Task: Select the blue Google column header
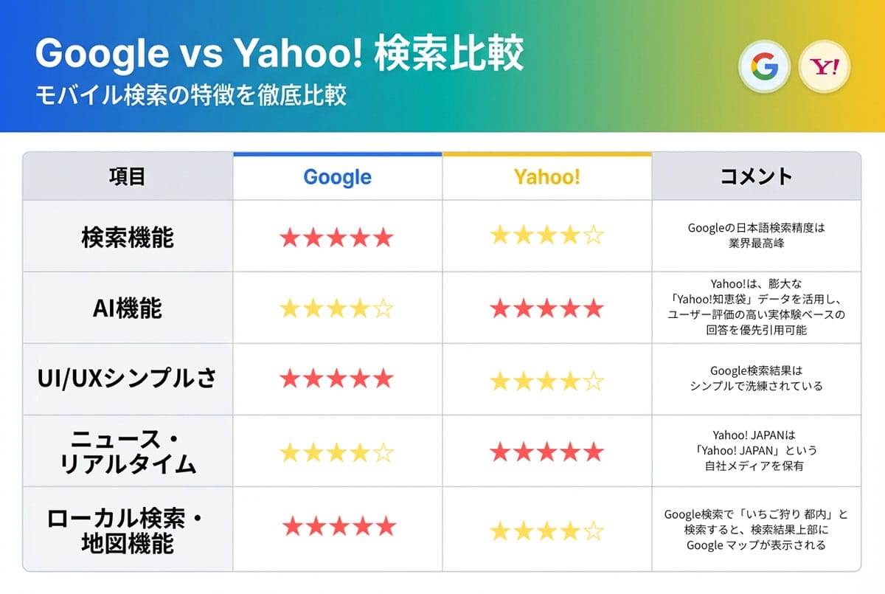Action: (337, 177)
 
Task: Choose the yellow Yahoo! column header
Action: (546, 177)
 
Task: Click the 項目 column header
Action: (127, 177)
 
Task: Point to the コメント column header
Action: (756, 177)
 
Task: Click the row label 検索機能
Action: (127, 238)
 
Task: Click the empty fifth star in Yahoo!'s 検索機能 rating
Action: (593, 237)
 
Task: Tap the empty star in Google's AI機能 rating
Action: (382, 309)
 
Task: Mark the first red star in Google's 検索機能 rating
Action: (290, 238)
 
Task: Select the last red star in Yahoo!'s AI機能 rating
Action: (593, 308)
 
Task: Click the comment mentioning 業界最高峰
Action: (756, 235)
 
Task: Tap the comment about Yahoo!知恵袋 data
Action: (756, 307)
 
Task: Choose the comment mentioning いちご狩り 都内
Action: (756, 530)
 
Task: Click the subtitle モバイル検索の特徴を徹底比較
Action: (191, 96)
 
